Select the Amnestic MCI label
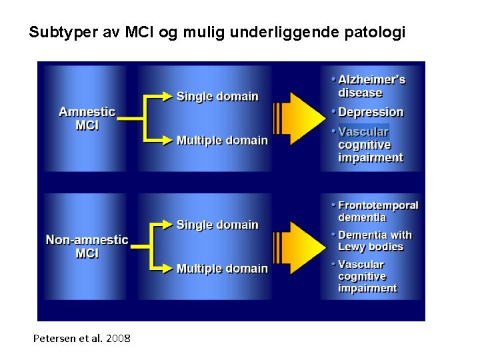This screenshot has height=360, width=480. [x=87, y=119]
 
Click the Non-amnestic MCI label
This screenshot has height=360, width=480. [x=87, y=247]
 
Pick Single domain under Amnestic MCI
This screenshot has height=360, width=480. [x=217, y=97]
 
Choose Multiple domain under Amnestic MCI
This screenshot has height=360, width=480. [x=222, y=141]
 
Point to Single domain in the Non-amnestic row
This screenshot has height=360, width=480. [x=217, y=225]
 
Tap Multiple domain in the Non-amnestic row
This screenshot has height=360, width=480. [x=222, y=269]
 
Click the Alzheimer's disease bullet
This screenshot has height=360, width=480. [x=371, y=87]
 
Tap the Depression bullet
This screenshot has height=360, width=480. [x=371, y=113]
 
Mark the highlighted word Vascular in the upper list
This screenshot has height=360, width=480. [x=363, y=132]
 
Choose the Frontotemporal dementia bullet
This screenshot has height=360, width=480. [x=377, y=211]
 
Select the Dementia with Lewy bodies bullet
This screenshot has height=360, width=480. [x=375, y=241]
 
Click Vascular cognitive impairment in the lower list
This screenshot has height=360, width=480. [x=367, y=277]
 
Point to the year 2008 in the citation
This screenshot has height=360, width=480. [x=117, y=339]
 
